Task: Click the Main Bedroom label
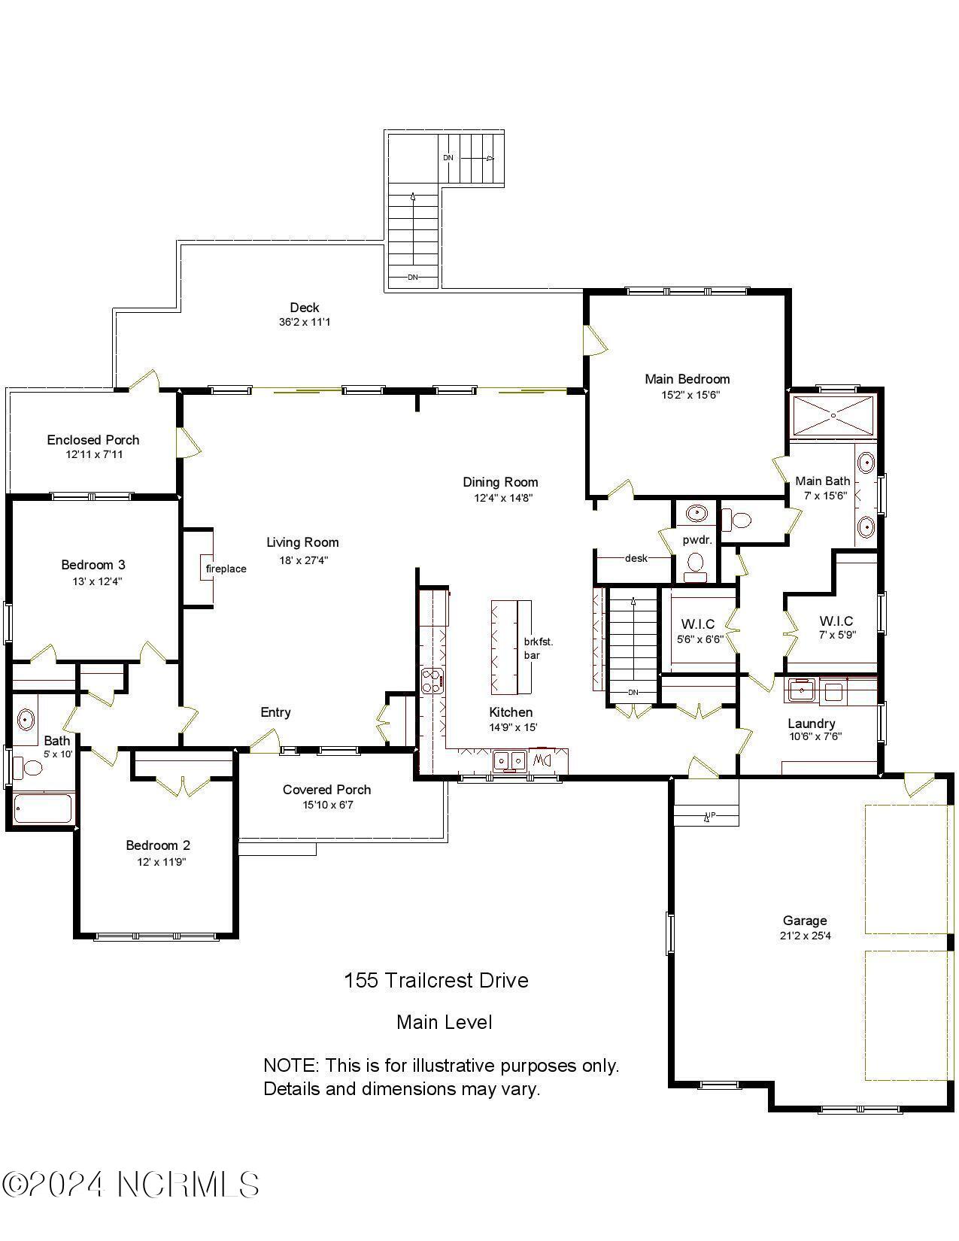[x=687, y=379]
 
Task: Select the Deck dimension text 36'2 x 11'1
[x=304, y=322]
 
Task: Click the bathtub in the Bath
[x=44, y=809]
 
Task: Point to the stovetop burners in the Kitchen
[x=432, y=681]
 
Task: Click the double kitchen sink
[x=510, y=760]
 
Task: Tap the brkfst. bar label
[x=539, y=648]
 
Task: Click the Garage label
[x=804, y=921]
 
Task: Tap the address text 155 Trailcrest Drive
[x=436, y=980]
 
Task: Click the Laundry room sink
[x=802, y=689]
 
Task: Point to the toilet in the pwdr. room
[x=696, y=563]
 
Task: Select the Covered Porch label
[x=326, y=790]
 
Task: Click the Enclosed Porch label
[x=93, y=440]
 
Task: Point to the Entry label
[x=275, y=712]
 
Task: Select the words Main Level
[x=444, y=1022]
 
